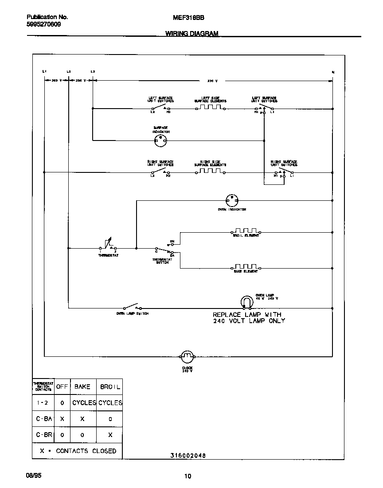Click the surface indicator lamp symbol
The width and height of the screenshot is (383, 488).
160,141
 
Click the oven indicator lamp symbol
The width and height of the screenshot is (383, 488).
231,200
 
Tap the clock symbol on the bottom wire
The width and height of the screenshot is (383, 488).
187,355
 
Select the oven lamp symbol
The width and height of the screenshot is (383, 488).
246,302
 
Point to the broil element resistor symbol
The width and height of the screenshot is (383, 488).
246,231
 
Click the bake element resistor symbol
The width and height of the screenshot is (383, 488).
246,267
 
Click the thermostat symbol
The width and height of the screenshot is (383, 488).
108,245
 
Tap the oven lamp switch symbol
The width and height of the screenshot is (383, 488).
131,307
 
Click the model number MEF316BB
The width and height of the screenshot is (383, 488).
185,18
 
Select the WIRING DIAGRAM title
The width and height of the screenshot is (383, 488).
192,34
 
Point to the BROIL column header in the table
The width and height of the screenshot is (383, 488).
110,386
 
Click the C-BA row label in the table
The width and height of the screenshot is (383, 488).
43,419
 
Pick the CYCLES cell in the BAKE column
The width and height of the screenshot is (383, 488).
84,403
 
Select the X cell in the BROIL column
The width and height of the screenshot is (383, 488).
110,435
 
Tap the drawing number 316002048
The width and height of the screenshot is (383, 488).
188,455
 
